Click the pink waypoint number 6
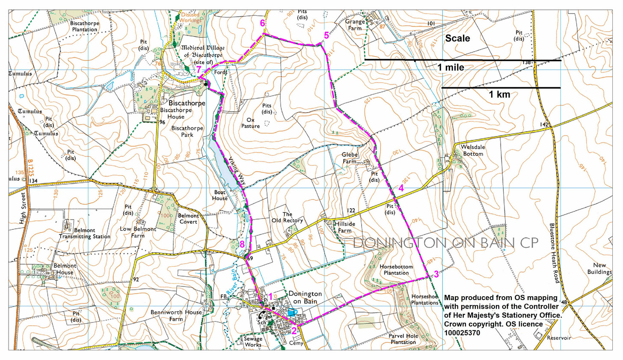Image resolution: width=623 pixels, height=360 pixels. point(263,23)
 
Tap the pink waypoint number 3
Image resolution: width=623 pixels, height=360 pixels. point(436,274)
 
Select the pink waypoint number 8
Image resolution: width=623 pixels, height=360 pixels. point(242,244)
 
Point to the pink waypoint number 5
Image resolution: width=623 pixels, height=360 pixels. point(326,36)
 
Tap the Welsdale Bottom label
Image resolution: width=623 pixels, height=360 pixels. point(472,150)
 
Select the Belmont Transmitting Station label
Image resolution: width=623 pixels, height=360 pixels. point(84,233)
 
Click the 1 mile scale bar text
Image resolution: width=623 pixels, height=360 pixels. point(450,67)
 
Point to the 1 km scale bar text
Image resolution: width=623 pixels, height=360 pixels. point(499,95)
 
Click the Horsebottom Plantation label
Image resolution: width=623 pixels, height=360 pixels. point(396,270)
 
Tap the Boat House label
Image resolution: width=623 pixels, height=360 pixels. point(220,195)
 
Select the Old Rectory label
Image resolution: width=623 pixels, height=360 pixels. point(287,217)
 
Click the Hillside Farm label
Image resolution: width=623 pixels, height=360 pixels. point(344,227)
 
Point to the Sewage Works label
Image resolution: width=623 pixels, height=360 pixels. point(253,342)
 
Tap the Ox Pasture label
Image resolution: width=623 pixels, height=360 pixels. point(250,123)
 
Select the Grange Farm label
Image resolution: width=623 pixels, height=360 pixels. point(355,25)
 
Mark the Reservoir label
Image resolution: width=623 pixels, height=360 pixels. point(559,338)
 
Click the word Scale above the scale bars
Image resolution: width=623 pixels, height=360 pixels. point(457,39)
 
